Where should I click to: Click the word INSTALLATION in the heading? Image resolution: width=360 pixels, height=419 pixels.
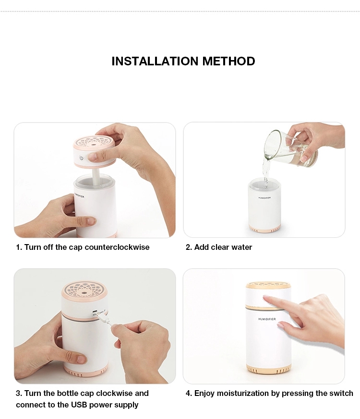[x=156, y=61]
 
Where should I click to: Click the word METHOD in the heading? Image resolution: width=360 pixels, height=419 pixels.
[x=228, y=61]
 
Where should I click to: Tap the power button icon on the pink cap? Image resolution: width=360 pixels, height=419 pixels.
[x=82, y=158]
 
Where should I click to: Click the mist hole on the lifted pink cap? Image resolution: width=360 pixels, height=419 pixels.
[x=93, y=143]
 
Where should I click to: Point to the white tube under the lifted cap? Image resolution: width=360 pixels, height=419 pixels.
[x=96, y=175]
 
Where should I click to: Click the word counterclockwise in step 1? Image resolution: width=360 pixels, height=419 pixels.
[x=117, y=247]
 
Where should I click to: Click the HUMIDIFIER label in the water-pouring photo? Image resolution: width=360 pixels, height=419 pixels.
[x=264, y=198]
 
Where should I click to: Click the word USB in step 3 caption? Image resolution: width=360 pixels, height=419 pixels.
[x=79, y=405]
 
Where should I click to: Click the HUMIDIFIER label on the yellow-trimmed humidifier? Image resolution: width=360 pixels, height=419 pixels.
[x=267, y=319]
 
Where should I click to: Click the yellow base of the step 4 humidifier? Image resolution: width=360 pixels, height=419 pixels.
[x=268, y=370]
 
